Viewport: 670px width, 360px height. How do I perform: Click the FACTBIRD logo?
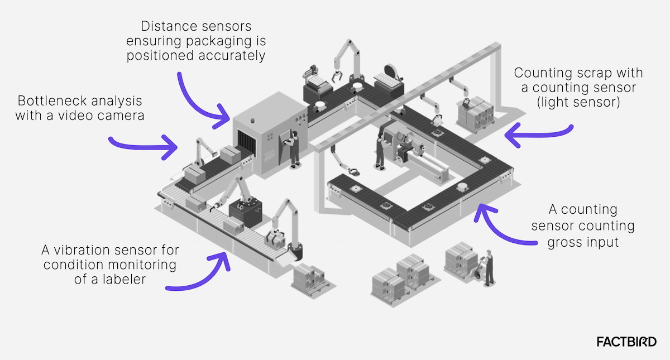[626, 342]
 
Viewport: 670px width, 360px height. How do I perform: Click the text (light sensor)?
[578, 102]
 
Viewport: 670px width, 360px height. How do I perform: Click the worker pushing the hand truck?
[489, 267]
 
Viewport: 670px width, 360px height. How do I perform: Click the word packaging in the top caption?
[203, 41]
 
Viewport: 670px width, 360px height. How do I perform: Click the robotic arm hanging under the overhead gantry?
[342, 162]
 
